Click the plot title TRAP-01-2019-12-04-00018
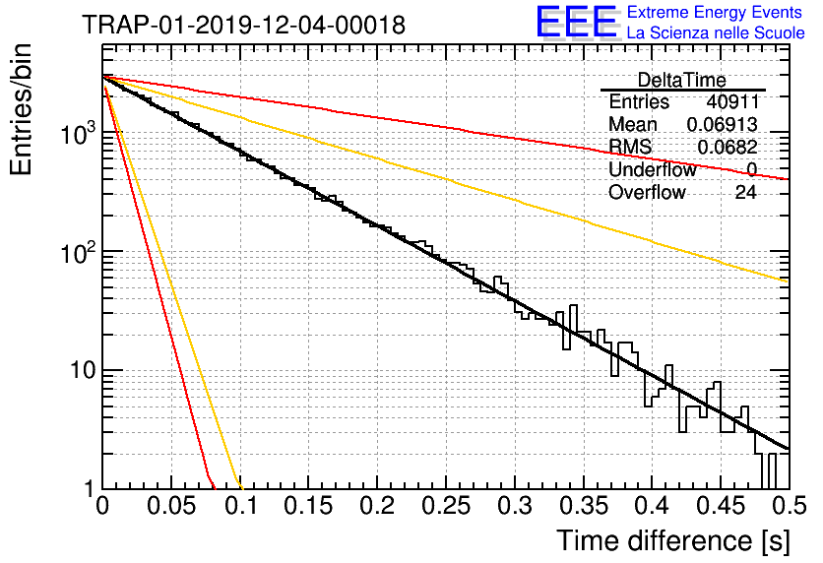244,25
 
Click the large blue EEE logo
577,22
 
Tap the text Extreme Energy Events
715,12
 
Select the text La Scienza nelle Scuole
716,32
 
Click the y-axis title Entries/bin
21,110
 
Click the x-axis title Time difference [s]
673,540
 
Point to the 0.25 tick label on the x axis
446,506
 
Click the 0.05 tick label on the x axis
171,506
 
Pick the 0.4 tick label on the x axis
652,506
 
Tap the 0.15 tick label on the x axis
309,506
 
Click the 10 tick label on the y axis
83,370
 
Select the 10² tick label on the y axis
79,252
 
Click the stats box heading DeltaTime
681,80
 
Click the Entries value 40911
732,101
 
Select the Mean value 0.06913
723,124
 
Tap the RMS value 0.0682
728,148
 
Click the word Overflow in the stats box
647,192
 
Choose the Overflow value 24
746,192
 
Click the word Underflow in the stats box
653,169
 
